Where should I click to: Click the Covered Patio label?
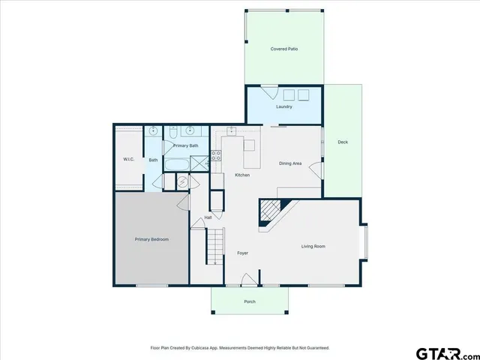tap(284, 49)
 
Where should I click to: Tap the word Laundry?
tap(283, 106)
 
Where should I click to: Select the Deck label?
tap(342, 142)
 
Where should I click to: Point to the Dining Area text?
tap(290, 163)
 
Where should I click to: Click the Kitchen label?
tap(242, 175)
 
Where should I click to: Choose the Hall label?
tap(208, 217)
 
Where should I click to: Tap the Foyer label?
tap(243, 253)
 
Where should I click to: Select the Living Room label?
tap(313, 246)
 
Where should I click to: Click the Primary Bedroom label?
tap(151, 239)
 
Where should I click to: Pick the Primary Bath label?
tap(186, 145)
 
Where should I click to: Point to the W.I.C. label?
tap(128, 160)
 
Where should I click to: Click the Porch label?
tap(250, 301)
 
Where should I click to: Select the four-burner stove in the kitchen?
tap(215, 156)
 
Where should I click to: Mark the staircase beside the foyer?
tap(215, 247)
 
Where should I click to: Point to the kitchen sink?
tap(232, 131)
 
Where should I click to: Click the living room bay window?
tap(365, 242)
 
